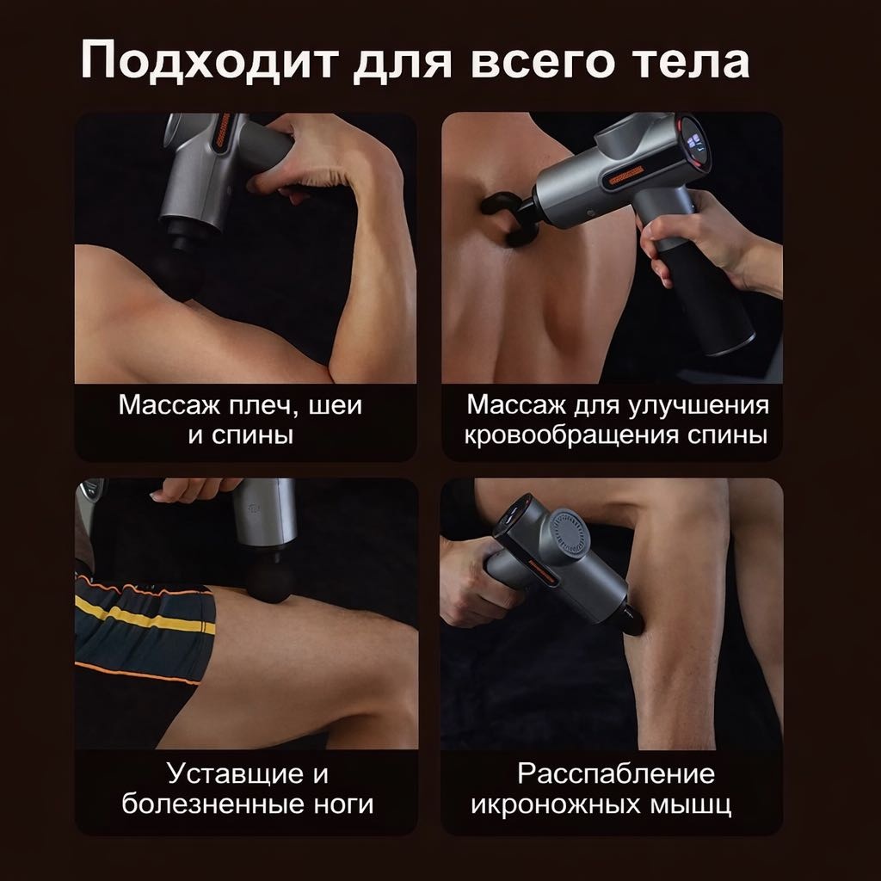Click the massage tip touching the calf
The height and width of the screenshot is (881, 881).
[x=632, y=621]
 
